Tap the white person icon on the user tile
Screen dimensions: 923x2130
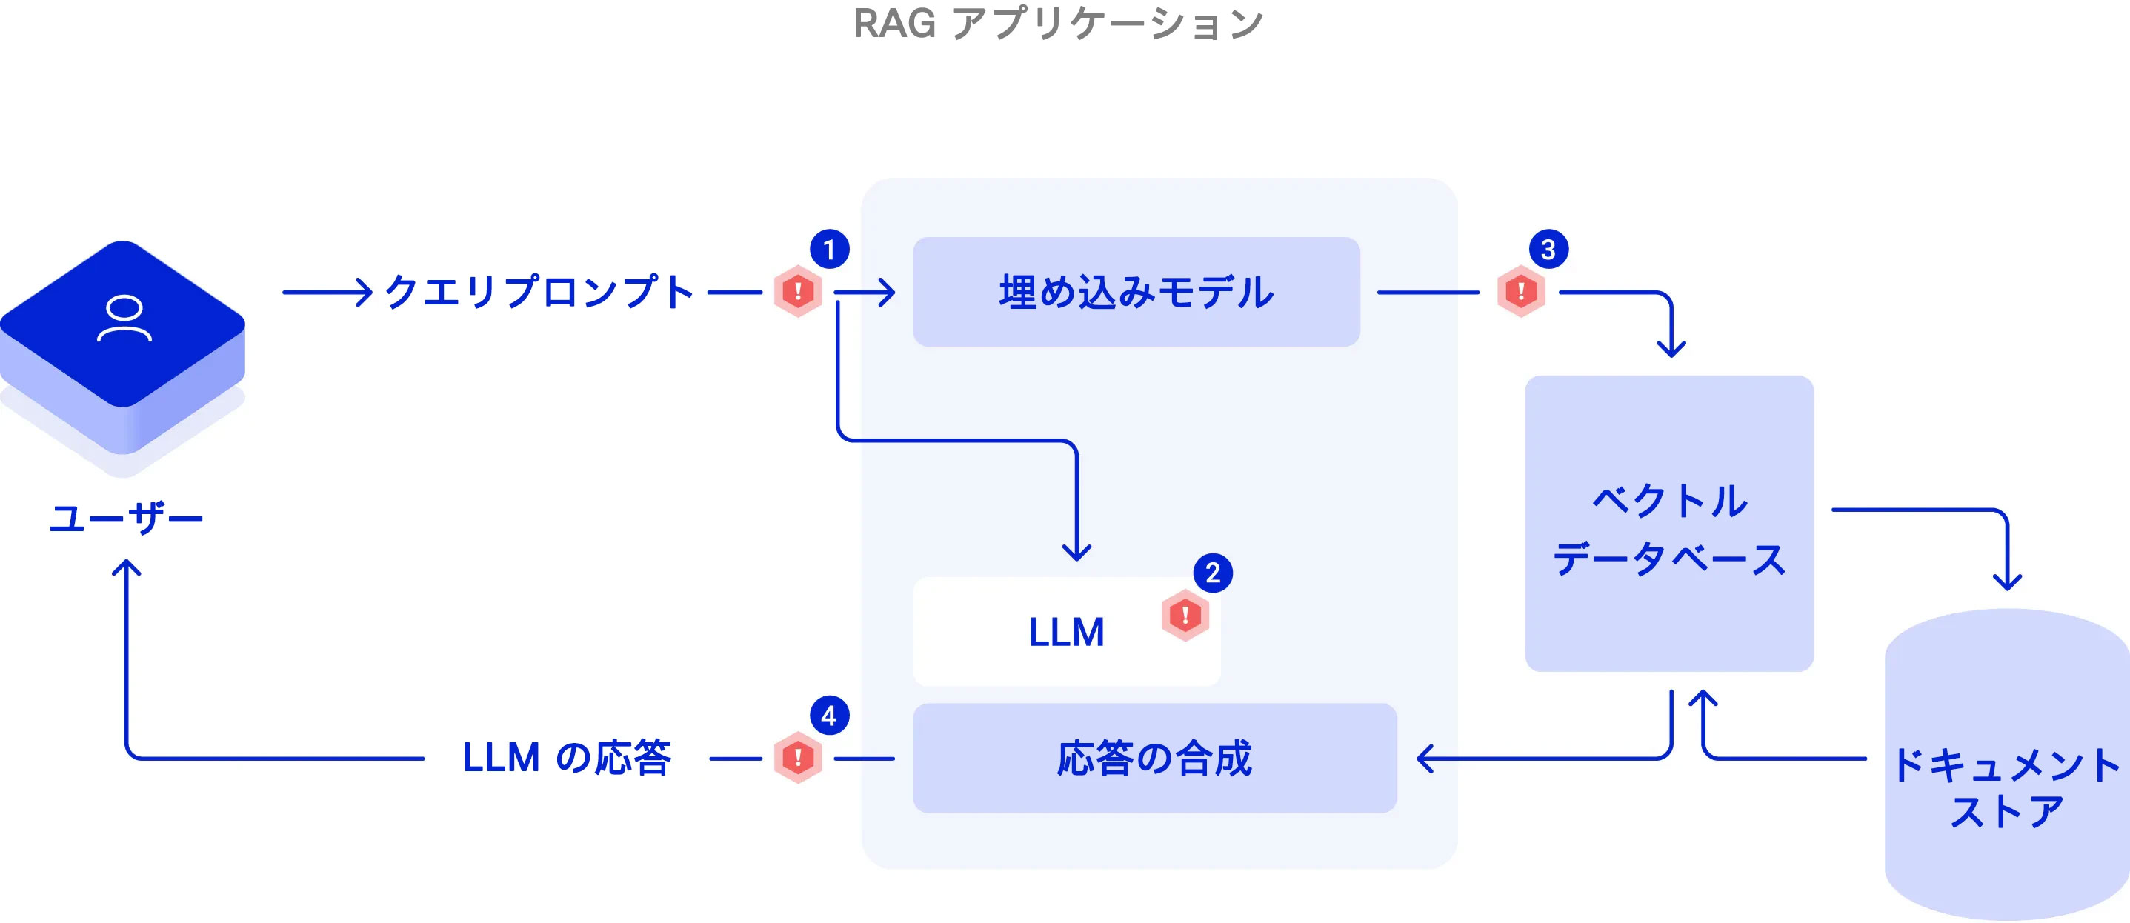[x=124, y=319]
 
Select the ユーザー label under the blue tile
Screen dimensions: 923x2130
[x=126, y=519]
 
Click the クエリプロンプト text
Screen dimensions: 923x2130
[x=539, y=292]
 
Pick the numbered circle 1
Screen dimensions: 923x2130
[x=829, y=249]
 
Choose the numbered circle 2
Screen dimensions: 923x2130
[x=1212, y=573]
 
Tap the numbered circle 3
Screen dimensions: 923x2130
[x=1548, y=249]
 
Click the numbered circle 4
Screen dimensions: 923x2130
[x=829, y=716]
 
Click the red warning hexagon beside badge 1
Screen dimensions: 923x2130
[x=798, y=291]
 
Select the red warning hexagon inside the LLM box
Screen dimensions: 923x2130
[x=1185, y=615]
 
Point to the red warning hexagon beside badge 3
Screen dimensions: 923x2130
[x=1520, y=291]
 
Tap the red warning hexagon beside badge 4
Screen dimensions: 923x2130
[x=798, y=757]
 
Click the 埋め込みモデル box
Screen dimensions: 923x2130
[x=1135, y=292]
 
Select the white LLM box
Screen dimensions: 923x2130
[x=1066, y=632]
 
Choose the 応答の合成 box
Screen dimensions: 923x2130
[x=1154, y=758]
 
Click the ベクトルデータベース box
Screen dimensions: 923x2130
[x=1668, y=524]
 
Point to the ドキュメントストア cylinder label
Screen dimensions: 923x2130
[x=2006, y=787]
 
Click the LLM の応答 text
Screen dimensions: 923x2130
[x=567, y=758]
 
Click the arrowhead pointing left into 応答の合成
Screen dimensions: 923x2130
[x=1424, y=758]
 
